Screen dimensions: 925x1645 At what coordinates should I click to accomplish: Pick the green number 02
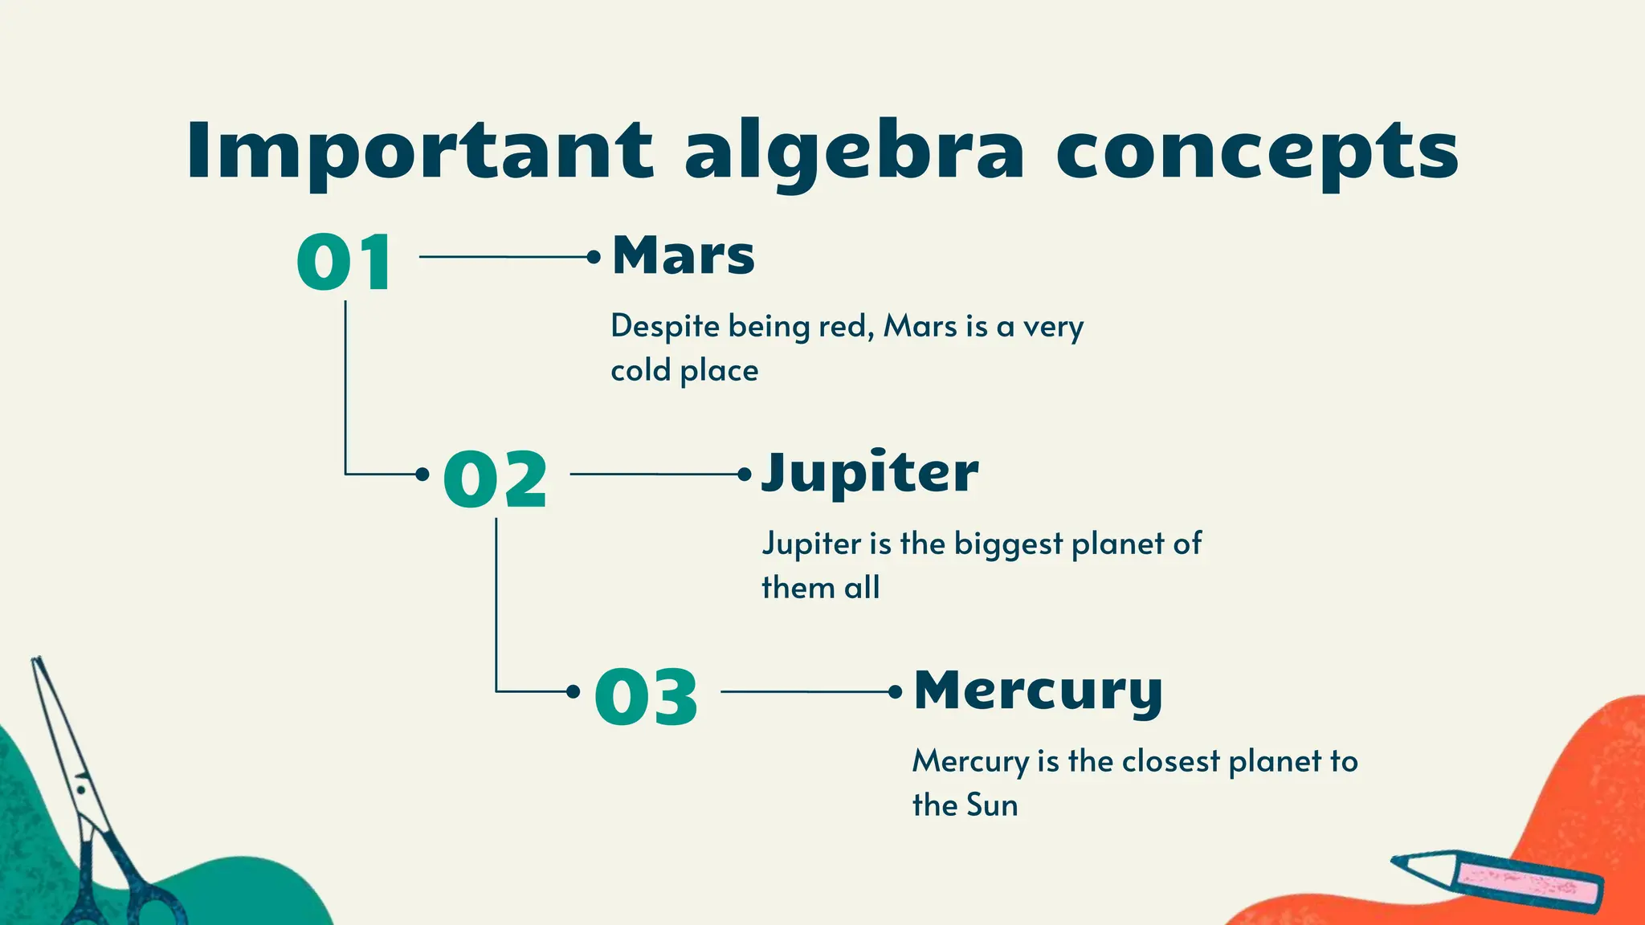pos(495,479)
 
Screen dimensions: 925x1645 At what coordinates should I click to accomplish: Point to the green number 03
pos(646,697)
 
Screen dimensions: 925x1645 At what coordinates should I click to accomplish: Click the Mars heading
pos(684,255)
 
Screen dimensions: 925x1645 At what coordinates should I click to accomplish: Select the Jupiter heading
pos(870,473)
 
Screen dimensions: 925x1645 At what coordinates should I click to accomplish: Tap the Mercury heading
pos(1038,691)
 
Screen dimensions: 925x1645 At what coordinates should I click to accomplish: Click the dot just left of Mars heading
pos(594,257)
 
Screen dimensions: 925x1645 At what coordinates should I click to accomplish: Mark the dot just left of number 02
pos(422,474)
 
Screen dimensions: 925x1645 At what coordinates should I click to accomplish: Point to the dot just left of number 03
pos(573,691)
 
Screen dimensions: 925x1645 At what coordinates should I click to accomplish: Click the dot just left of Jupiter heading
pos(745,474)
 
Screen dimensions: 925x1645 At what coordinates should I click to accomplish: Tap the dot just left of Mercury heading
pos(896,691)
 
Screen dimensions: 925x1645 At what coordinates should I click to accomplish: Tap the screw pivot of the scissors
pos(81,790)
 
